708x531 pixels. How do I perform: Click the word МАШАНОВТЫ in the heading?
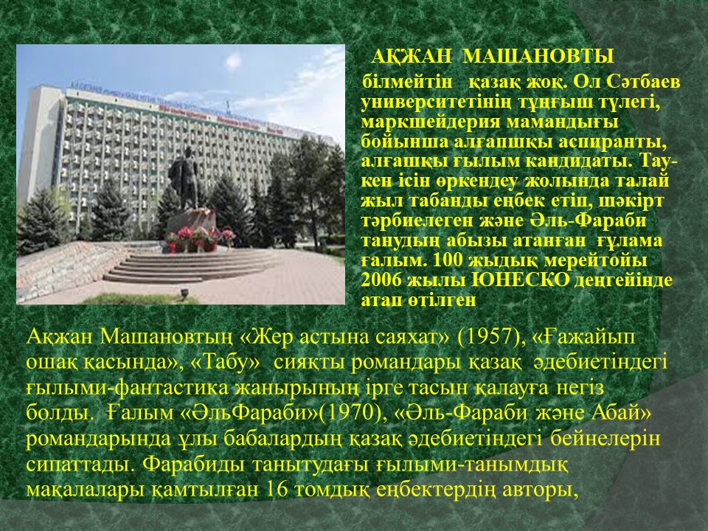click(x=538, y=57)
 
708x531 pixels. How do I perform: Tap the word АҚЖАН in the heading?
click(x=412, y=57)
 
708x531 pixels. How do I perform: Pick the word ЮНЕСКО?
click(x=520, y=280)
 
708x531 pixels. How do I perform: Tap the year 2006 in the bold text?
click(x=381, y=280)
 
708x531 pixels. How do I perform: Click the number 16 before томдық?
click(x=277, y=490)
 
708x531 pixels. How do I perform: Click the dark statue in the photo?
click(x=184, y=178)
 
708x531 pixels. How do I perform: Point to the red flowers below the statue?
click(x=201, y=237)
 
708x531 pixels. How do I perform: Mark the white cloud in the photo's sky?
click(x=233, y=60)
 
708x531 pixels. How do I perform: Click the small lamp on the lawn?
click(x=184, y=294)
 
